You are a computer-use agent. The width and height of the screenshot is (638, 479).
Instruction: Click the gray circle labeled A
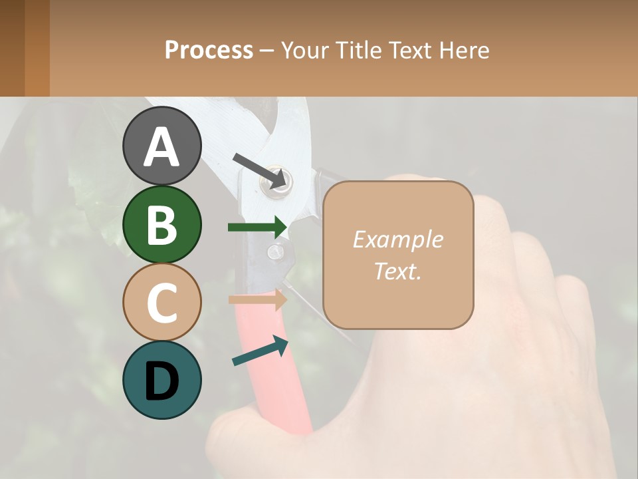tap(161, 146)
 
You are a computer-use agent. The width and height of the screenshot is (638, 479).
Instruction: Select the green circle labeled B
tap(161, 224)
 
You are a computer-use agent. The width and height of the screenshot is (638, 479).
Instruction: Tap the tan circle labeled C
tap(161, 302)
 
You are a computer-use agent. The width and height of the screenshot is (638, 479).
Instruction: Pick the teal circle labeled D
tap(161, 380)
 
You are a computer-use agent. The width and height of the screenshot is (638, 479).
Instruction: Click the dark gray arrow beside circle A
tap(261, 170)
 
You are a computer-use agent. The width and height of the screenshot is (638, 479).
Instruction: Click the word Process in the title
tap(209, 50)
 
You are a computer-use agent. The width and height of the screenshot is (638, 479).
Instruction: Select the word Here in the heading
tap(465, 50)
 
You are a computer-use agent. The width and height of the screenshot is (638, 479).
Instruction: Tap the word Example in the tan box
tap(397, 239)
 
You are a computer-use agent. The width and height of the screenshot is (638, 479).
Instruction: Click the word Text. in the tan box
tap(397, 271)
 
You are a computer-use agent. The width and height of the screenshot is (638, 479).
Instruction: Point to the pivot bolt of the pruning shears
tap(278, 183)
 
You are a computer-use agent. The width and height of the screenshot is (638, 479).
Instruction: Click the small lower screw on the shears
tap(276, 251)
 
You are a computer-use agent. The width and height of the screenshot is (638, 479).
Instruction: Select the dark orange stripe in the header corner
tap(37, 48)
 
